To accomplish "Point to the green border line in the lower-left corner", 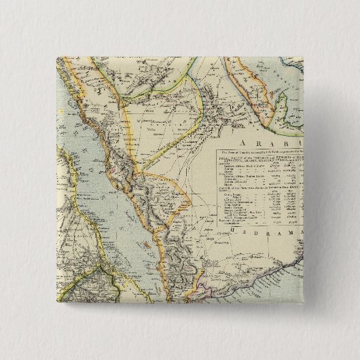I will click(x=75, y=272).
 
